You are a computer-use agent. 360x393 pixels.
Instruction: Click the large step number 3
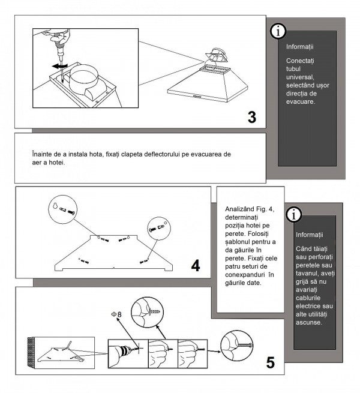251,118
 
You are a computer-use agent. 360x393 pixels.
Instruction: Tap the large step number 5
271,362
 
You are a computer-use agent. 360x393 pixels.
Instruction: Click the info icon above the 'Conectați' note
278,31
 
